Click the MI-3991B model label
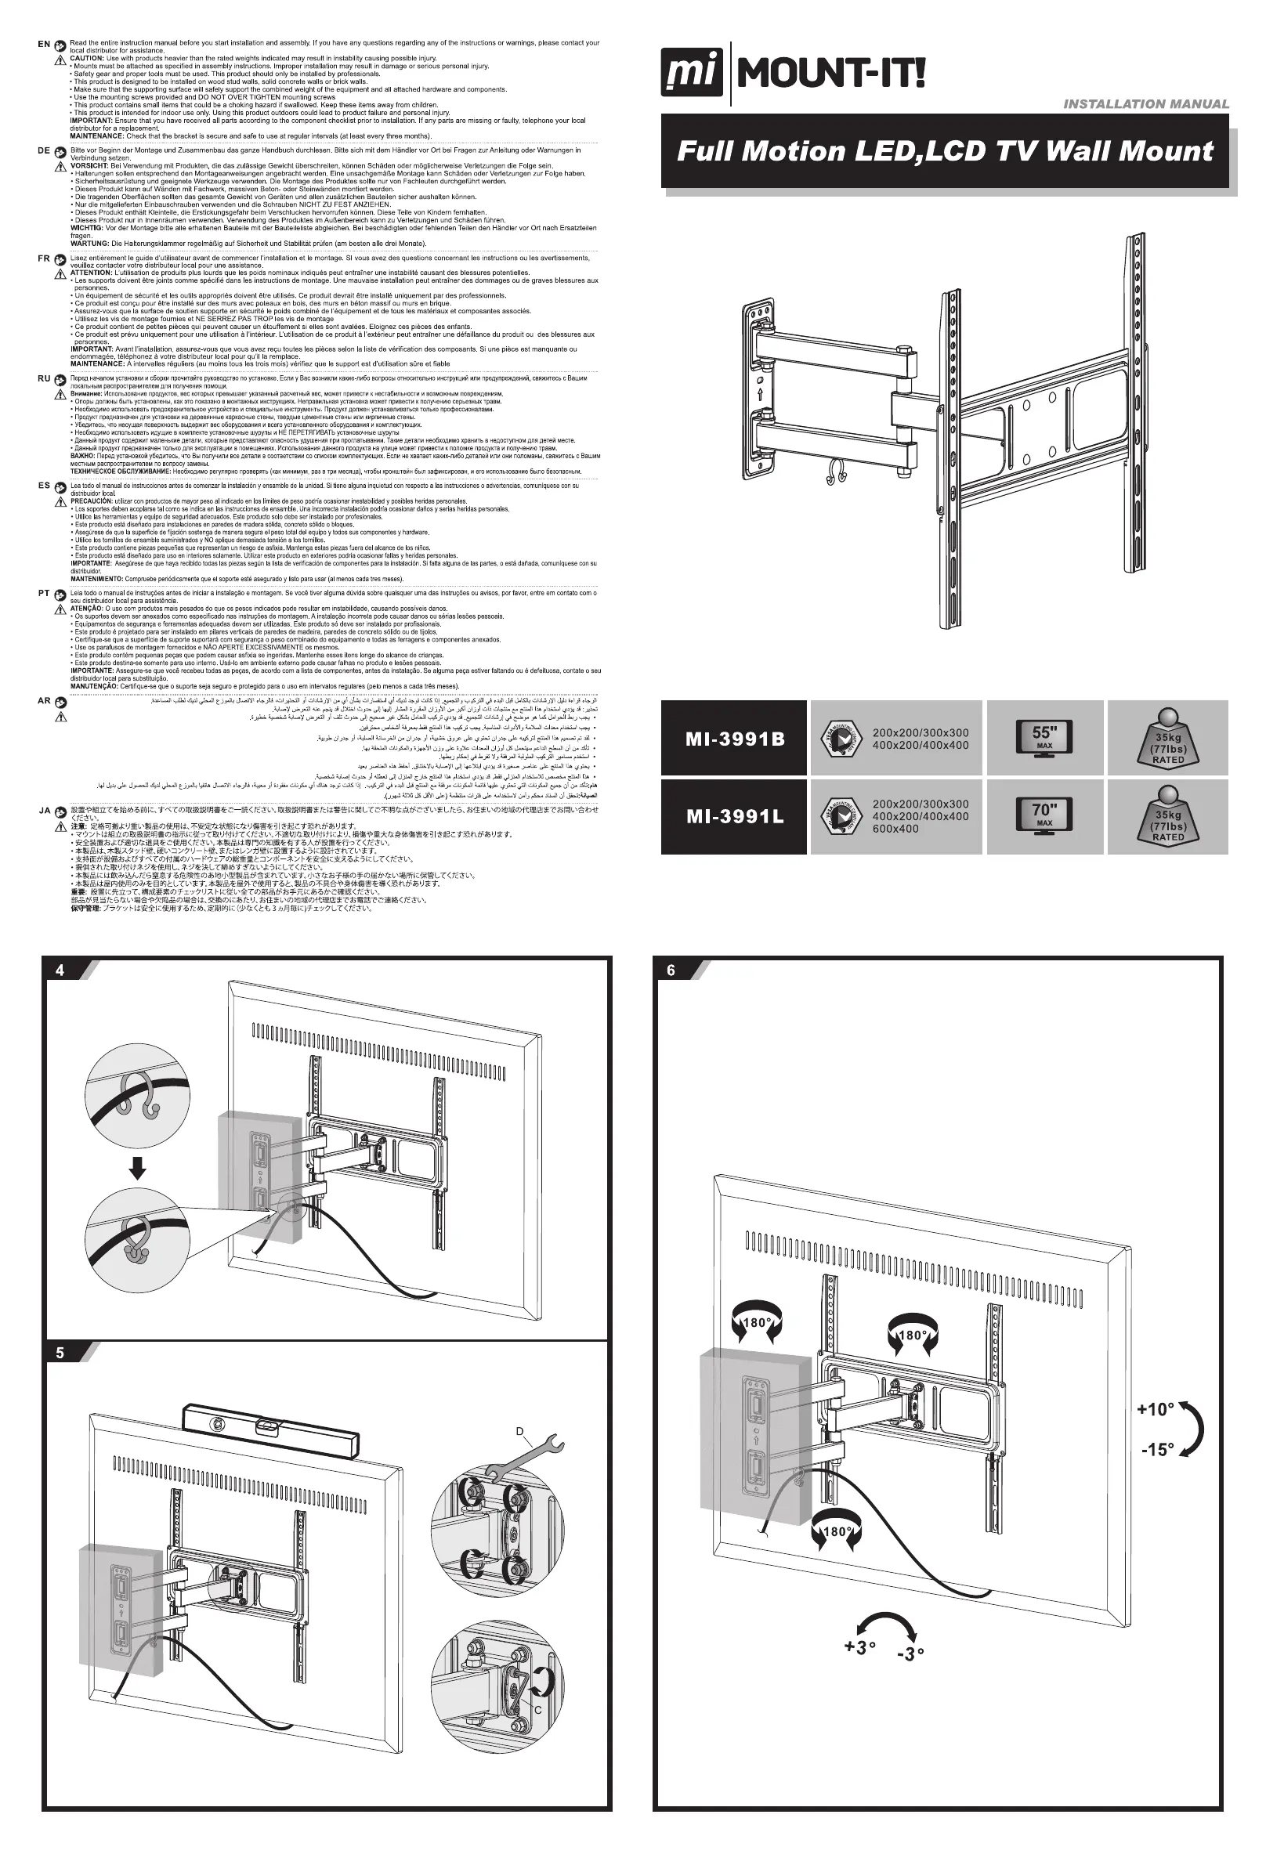tap(735, 739)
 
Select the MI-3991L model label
tap(735, 817)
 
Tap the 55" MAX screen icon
tap(1044, 738)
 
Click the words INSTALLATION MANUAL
tap(1145, 103)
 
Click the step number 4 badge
tap(60, 970)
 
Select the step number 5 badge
tap(60, 1353)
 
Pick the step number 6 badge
tap(671, 970)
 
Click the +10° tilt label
tap(1156, 1409)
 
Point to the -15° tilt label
tap(1157, 1448)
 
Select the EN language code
tap(44, 44)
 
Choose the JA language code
tap(44, 811)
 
